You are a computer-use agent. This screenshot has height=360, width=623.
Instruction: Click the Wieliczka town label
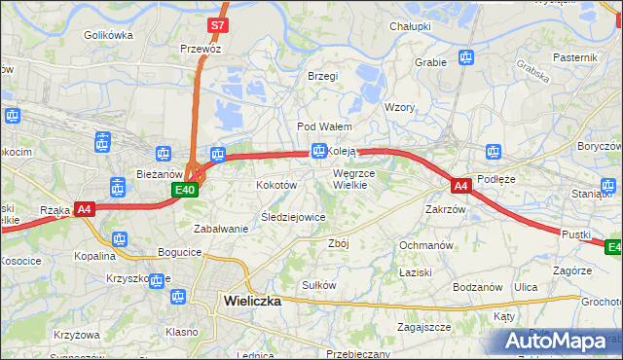tap(251, 301)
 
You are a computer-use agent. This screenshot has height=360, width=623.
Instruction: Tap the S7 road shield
tap(218, 23)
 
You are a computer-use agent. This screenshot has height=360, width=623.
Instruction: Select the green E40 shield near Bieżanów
tap(186, 191)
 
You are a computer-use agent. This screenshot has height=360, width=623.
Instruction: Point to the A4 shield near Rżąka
tap(84, 208)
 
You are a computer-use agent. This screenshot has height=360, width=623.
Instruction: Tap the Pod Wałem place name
tap(324, 126)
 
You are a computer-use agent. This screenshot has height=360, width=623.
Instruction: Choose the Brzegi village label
tap(322, 76)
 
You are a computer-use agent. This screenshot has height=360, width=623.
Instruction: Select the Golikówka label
tap(108, 35)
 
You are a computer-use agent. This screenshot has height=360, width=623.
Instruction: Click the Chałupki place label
tap(410, 26)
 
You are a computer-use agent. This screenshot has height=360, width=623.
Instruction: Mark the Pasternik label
tap(574, 57)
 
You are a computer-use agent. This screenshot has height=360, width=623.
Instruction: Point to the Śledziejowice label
tap(293, 217)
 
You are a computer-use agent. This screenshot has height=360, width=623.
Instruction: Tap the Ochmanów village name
tap(426, 245)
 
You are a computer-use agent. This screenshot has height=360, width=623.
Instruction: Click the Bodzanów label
tap(477, 288)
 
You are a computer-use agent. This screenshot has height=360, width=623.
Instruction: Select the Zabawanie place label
tap(222, 229)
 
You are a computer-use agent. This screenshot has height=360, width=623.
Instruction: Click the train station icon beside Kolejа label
tap(318, 151)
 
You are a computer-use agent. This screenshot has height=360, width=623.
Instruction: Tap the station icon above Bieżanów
tap(165, 154)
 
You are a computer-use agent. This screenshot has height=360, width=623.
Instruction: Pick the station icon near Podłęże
tap(494, 151)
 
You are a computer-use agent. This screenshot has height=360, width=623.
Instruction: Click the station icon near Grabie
tap(466, 57)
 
